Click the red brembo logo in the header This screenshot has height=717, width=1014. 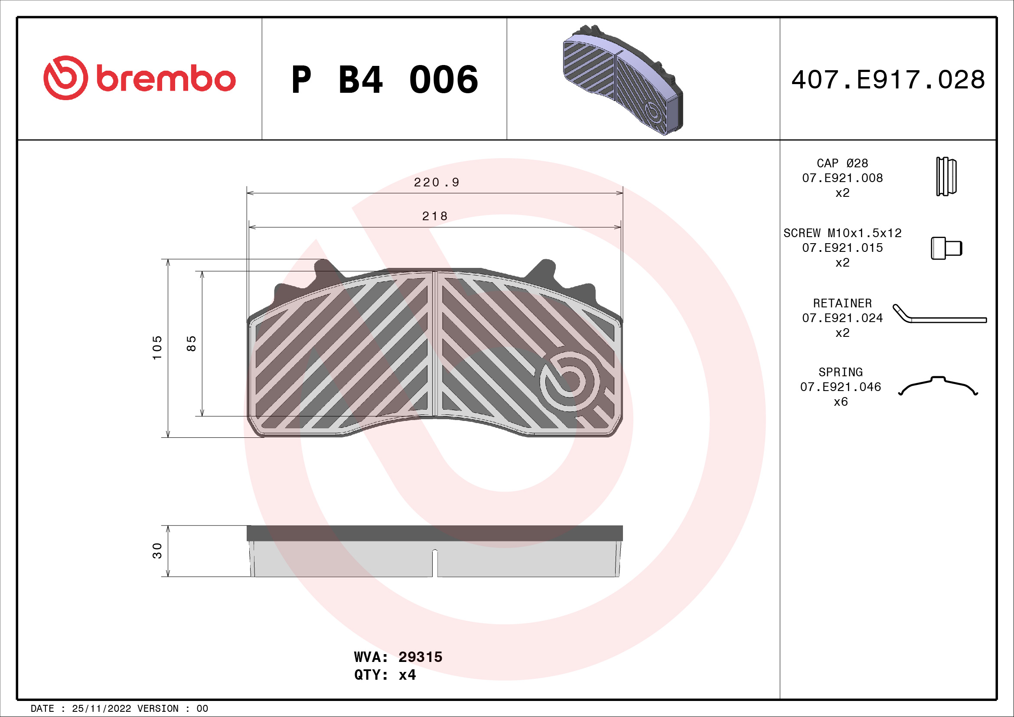(x=139, y=78)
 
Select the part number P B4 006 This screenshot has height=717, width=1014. (x=384, y=80)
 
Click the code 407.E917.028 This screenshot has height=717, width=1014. (x=888, y=80)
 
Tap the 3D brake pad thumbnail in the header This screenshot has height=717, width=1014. (x=623, y=79)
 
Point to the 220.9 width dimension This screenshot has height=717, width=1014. (x=437, y=183)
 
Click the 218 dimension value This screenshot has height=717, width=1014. (x=434, y=216)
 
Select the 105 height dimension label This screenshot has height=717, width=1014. (x=157, y=348)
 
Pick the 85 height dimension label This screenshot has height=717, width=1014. (x=191, y=343)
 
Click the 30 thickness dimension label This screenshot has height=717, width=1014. (x=157, y=551)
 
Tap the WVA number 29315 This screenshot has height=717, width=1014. (x=420, y=657)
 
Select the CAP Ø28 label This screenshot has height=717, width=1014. (x=842, y=163)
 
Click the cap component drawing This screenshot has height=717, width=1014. (x=946, y=176)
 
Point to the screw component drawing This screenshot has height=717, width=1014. (x=946, y=248)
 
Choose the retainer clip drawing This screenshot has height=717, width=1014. (x=939, y=315)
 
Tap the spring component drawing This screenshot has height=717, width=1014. (x=938, y=386)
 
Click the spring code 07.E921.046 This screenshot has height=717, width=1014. (x=840, y=387)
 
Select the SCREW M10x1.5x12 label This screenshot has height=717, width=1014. (x=842, y=233)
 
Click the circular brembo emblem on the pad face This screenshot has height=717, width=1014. (x=569, y=381)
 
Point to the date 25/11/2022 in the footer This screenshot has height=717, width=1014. (x=101, y=709)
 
